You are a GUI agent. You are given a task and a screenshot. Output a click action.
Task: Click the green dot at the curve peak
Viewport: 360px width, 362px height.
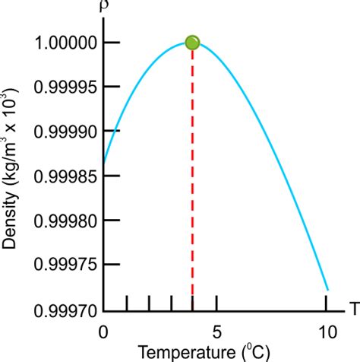coord(192,43)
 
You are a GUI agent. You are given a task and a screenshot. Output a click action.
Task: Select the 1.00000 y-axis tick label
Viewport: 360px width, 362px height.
coord(63,43)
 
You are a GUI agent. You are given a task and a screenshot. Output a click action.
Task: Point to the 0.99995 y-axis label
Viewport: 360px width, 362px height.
coord(63,87)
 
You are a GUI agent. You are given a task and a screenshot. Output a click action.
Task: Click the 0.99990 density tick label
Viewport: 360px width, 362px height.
coord(63,132)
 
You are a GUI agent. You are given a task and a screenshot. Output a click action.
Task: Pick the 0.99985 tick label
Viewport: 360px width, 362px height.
coord(63,176)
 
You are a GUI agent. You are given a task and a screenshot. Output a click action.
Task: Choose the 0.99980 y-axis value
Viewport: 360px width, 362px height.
coord(63,221)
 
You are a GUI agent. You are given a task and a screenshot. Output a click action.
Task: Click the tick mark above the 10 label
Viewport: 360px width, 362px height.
coord(327,303)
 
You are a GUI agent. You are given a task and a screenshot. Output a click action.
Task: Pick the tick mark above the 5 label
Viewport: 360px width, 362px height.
coord(217,303)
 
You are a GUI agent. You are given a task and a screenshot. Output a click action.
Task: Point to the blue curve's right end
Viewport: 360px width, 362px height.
coord(327,290)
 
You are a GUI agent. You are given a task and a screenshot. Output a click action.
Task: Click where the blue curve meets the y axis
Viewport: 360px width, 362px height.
coord(104,161)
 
